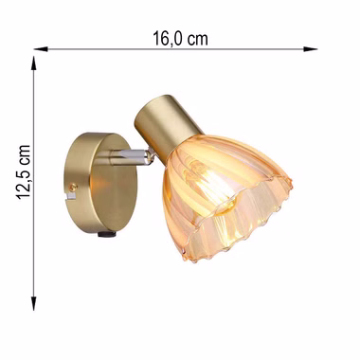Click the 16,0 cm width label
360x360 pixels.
pos(180,39)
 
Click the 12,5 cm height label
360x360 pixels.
pos(24,172)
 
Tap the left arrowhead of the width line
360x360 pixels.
pos(41,49)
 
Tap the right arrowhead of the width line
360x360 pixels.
pos(310,49)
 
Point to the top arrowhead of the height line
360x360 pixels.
pos(33,63)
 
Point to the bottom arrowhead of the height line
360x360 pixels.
pos(33,303)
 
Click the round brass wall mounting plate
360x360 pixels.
pos(100,182)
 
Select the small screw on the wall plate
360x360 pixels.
pos(74,188)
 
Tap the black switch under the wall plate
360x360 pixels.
pos(106,234)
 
